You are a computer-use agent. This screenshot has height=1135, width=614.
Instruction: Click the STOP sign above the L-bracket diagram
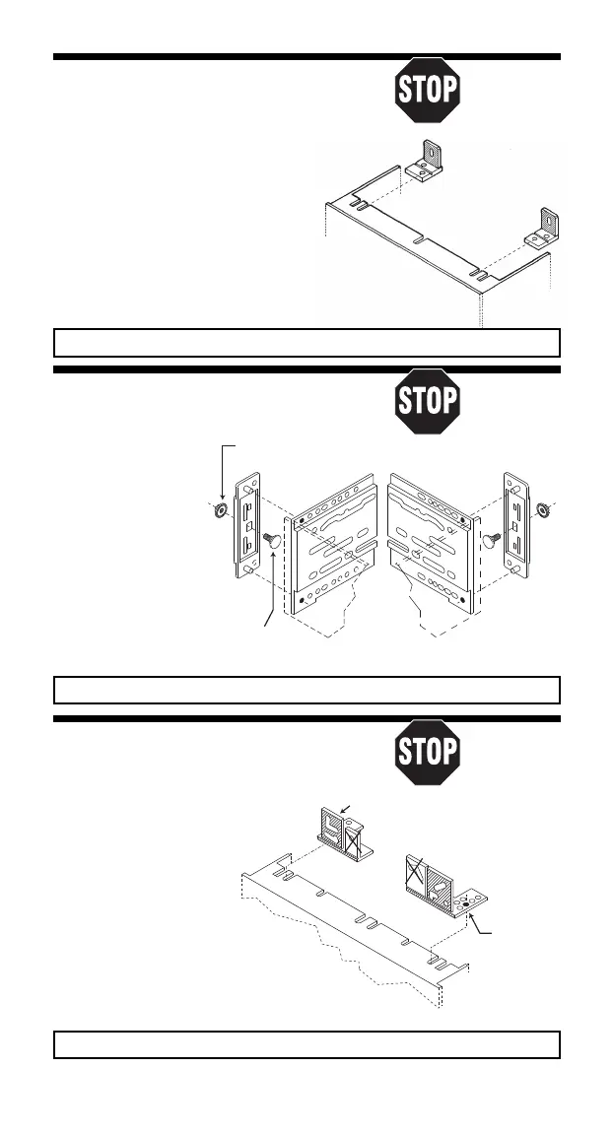coord(427,92)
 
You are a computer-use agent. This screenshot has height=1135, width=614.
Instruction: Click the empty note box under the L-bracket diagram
coord(307,342)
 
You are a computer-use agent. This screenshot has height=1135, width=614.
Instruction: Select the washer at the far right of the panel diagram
coord(541,510)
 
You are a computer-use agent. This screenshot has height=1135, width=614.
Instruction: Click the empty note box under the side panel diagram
coord(307,688)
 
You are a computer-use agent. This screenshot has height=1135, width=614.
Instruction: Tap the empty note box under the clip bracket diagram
coord(307,1043)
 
